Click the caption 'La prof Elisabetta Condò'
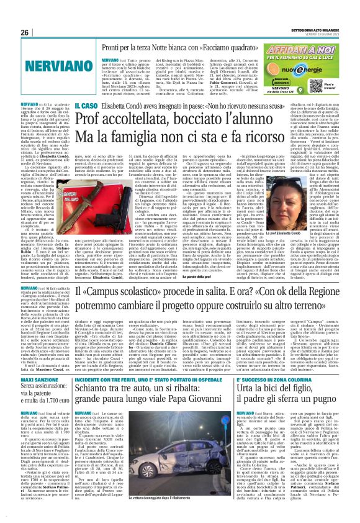[x=315, y=250]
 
